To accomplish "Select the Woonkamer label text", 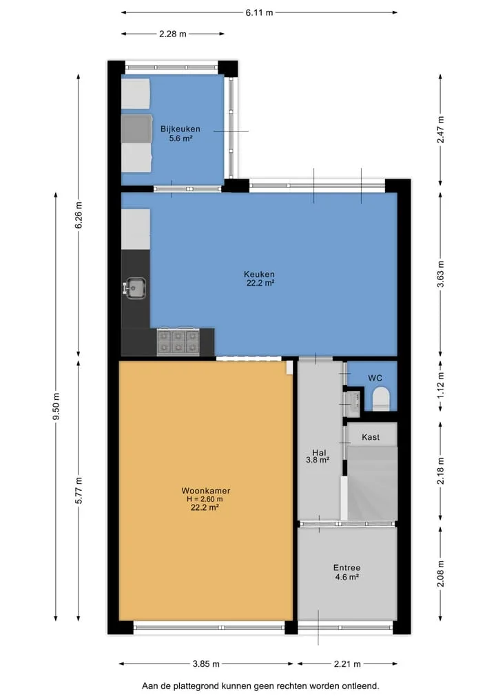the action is pyautogui.click(x=205, y=491).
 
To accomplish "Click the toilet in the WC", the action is pyautogui.click(x=381, y=399).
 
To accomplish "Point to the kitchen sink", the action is pyautogui.click(x=134, y=288).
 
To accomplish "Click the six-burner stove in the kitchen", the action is pyautogui.click(x=178, y=342).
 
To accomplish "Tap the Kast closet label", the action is pyautogui.click(x=371, y=437).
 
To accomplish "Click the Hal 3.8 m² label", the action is pyautogui.click(x=318, y=456).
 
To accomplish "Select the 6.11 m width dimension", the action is pyautogui.click(x=259, y=12).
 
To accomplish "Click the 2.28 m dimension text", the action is pyautogui.click(x=172, y=34).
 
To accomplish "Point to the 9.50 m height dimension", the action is pyautogui.click(x=56, y=406).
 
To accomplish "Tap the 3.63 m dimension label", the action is pyautogui.click(x=441, y=274).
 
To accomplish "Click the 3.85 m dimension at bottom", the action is pyautogui.click(x=206, y=664).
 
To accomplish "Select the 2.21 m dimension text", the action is pyautogui.click(x=347, y=664).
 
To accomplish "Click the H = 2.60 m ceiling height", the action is pyautogui.click(x=205, y=499).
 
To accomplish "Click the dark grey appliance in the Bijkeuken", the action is pyautogui.click(x=136, y=129).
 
